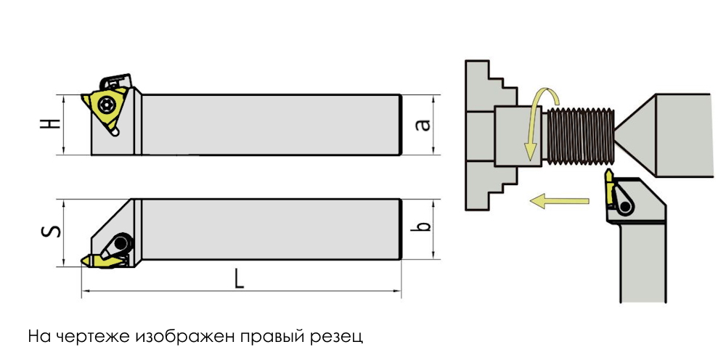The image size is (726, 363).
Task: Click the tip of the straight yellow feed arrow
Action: [530, 202]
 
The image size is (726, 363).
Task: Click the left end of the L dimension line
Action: [82, 291]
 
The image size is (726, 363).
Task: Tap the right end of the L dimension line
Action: [401, 291]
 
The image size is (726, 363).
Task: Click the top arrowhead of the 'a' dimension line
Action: [434, 95]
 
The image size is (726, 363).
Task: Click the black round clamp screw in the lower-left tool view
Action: [122, 243]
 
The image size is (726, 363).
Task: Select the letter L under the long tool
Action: [239, 279]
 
